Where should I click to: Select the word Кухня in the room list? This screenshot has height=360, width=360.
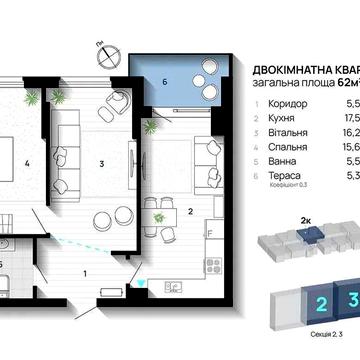click(276, 117)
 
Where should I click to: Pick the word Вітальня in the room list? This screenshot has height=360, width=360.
click(281, 130)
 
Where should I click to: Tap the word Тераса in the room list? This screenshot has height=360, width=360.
click(278, 172)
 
